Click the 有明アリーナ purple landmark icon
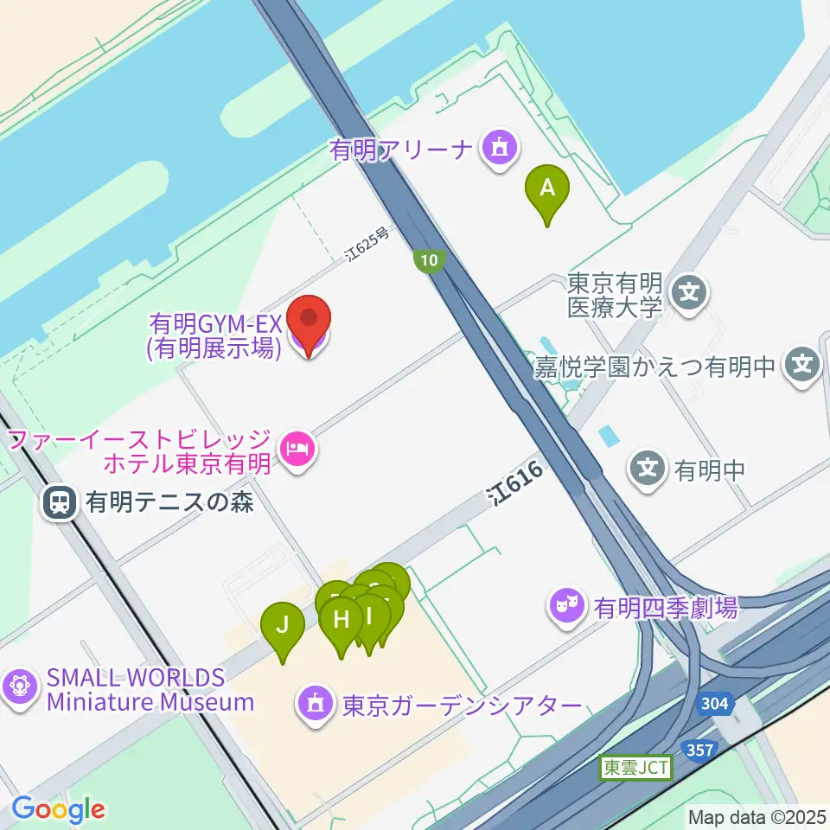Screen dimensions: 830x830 point(500,150)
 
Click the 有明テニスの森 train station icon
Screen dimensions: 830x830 point(60,501)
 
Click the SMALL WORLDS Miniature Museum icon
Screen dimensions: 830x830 point(19,688)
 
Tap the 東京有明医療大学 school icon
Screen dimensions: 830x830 point(690,294)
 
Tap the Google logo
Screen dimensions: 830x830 point(58,810)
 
